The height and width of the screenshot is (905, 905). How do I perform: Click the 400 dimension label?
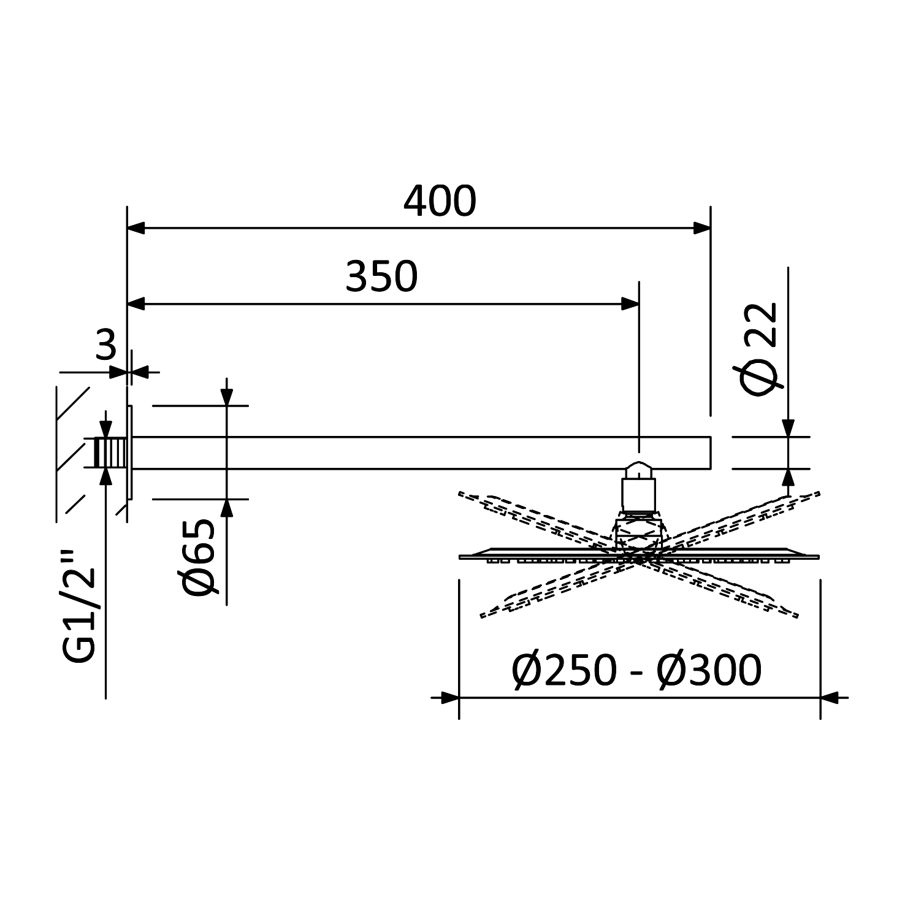click(440, 201)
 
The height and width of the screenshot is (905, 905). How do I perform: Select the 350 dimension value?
click(381, 277)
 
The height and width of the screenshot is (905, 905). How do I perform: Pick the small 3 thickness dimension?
click(106, 345)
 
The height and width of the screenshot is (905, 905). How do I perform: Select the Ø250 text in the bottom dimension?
click(563, 670)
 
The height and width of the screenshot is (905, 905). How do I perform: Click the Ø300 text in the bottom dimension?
click(709, 670)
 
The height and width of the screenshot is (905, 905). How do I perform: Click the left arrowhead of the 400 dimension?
click(136, 228)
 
